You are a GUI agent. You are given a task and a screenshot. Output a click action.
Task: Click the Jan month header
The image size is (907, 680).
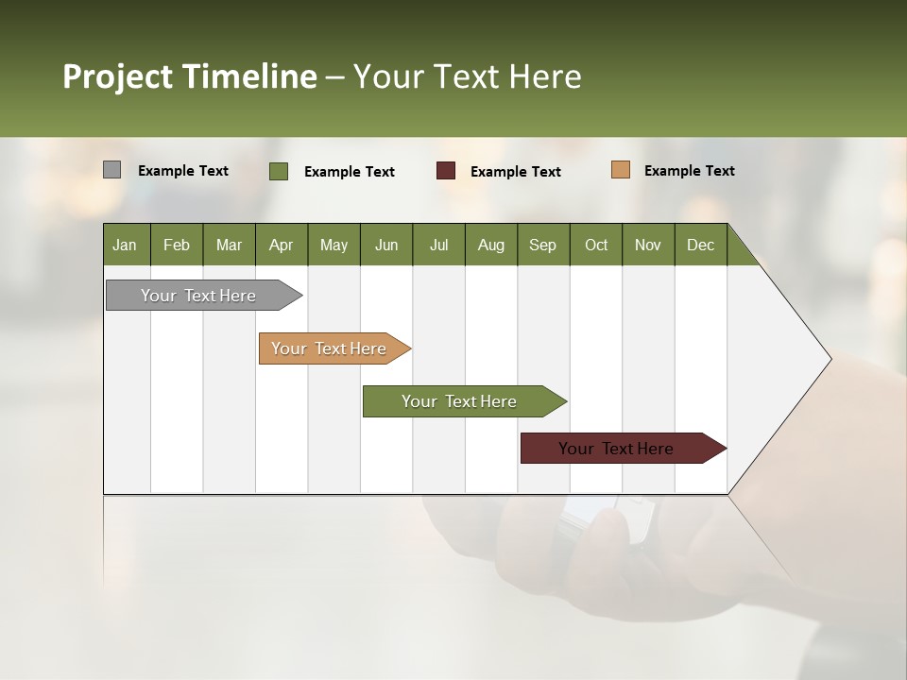pos(126,245)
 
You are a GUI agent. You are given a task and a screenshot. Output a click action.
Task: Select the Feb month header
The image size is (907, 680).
pos(177,245)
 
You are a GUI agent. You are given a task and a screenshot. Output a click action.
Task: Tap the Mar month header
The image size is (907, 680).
pos(229,245)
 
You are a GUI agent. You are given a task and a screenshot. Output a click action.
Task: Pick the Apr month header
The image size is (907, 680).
pos(282,245)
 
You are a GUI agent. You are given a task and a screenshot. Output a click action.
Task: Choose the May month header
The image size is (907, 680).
pos(334,245)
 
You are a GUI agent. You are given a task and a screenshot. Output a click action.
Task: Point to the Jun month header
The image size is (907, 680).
pos(386,245)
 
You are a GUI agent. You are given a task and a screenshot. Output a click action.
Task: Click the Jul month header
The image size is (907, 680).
pos(438,245)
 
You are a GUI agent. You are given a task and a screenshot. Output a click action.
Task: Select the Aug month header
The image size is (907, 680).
pos(491,245)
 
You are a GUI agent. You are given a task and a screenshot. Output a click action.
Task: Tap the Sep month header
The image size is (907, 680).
pos(543,245)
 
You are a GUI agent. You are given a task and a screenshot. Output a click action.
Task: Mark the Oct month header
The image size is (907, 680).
pos(596,245)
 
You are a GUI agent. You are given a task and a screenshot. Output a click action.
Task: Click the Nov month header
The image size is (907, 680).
pos(648,245)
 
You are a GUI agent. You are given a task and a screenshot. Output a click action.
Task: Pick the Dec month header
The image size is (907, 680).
pos(701,245)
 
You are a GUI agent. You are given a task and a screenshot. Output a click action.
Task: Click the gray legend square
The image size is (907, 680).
pos(111,170)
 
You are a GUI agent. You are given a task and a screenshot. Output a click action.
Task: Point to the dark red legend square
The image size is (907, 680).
pos(446,171)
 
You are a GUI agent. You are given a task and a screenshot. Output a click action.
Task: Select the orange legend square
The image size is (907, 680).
pos(621,170)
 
